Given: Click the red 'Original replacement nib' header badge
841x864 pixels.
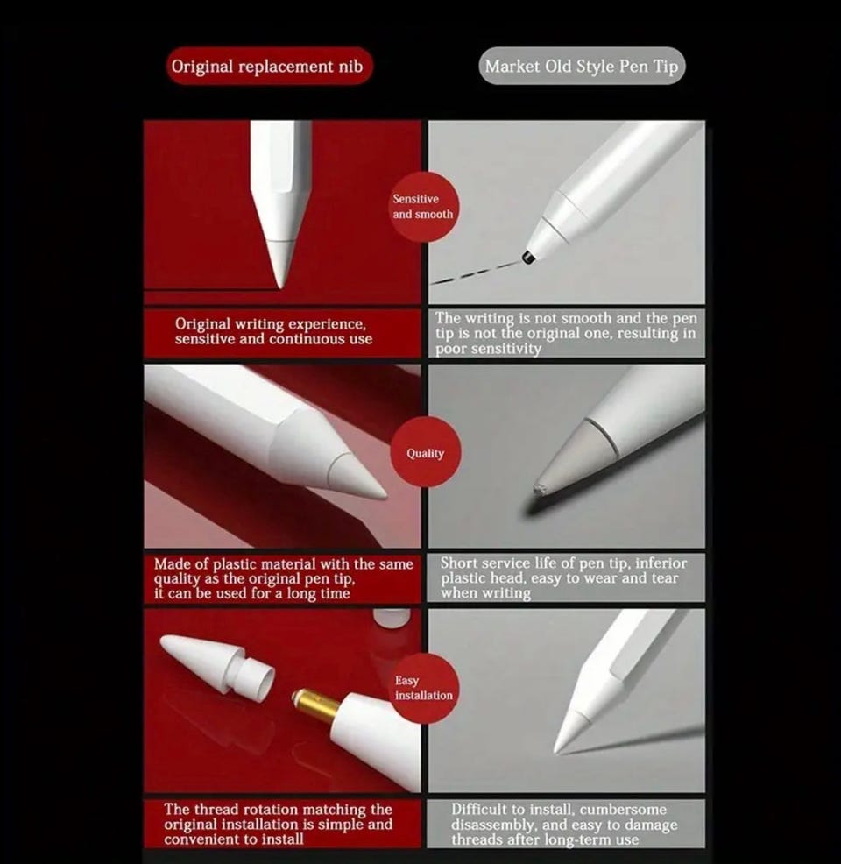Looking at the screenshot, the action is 269,66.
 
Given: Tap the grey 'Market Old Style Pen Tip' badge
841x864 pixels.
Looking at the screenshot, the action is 582,66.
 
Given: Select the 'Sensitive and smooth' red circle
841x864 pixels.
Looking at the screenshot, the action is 422,207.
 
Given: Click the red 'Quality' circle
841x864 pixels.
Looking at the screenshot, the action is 425,452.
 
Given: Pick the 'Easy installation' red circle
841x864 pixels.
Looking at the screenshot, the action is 423,688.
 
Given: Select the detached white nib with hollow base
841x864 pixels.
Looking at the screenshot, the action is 217,665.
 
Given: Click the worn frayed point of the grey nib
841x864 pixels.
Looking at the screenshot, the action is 538,489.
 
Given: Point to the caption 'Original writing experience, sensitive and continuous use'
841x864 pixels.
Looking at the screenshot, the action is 273,331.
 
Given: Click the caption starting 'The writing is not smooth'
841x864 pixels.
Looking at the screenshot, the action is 566,333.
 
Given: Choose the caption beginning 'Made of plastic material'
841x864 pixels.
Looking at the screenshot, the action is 283,578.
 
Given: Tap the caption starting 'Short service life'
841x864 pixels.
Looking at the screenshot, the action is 563,577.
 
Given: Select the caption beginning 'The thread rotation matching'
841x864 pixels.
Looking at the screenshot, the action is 278,824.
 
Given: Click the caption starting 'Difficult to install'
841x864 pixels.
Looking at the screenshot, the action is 564,825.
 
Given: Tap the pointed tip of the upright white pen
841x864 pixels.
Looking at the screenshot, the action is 281,286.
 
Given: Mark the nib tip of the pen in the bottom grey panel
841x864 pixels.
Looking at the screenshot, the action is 556,750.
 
